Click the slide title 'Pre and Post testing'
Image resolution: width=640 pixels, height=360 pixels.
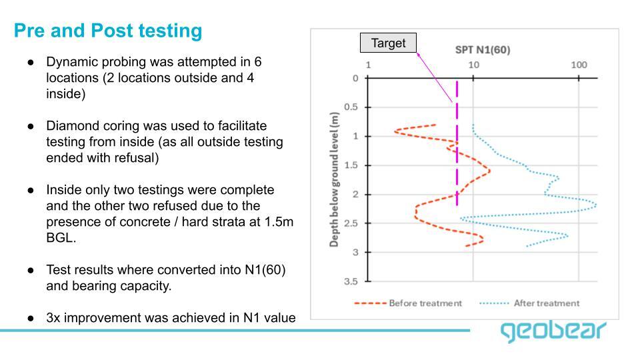point(107,31)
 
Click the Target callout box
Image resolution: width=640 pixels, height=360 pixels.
point(388,43)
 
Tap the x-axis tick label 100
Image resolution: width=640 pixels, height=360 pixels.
point(579,65)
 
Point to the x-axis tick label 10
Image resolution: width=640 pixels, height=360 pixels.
point(473,65)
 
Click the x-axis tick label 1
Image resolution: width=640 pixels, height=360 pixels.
point(369,65)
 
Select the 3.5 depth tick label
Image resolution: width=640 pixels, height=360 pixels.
point(351,282)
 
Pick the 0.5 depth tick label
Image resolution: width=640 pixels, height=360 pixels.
point(351,107)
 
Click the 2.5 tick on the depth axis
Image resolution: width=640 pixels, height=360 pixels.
point(351,223)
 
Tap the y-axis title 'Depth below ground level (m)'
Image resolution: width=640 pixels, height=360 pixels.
point(335,179)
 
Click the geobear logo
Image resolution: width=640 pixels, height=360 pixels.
point(554,331)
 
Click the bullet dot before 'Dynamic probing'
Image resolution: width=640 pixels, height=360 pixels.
point(31,62)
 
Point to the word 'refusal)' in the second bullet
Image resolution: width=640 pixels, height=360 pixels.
point(138,158)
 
